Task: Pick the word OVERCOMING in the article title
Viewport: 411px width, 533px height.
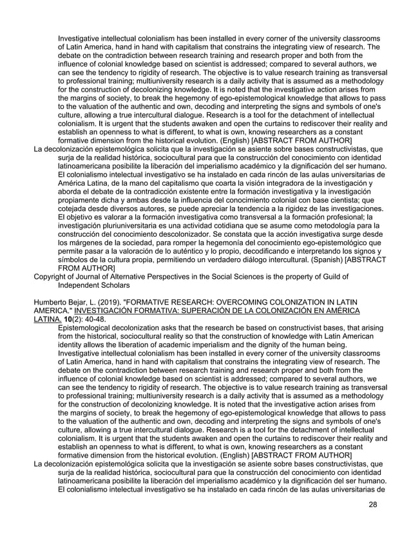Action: (x=253, y=301)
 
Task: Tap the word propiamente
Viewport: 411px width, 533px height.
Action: (x=82, y=200)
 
